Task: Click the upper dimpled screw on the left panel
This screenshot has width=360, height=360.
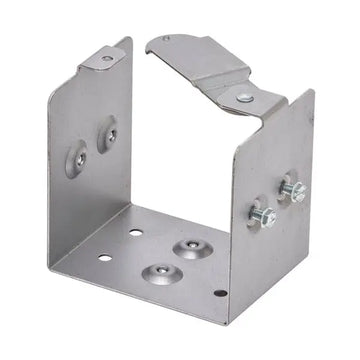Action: click(106, 130)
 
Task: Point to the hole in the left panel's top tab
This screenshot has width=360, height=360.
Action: click(106, 59)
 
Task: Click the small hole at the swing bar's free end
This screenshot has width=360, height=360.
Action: click(166, 41)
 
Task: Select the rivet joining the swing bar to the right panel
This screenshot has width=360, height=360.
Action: click(245, 97)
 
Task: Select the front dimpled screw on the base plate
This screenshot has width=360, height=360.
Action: click(158, 272)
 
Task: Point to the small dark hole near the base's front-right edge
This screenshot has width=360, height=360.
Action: click(221, 293)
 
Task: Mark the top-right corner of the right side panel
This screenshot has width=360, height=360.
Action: click(313, 92)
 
